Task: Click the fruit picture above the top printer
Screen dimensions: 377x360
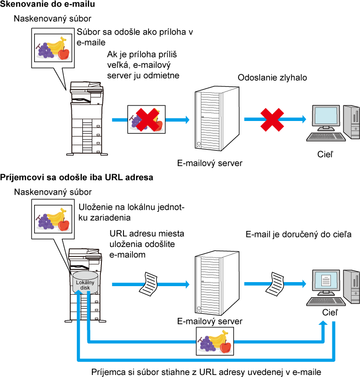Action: click(53, 48)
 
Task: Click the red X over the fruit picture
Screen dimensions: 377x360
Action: click(147, 119)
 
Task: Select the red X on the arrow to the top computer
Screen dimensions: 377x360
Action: click(272, 120)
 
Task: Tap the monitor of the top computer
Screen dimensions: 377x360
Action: click(326, 116)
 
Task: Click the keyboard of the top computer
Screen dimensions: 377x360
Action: click(325, 136)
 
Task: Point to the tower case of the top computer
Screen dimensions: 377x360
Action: click(352, 121)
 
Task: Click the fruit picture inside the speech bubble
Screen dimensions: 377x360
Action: click(53, 219)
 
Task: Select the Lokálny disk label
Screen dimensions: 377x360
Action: click(85, 285)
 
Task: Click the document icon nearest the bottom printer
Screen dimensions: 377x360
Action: click(149, 284)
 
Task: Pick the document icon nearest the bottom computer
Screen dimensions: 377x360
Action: click(275, 284)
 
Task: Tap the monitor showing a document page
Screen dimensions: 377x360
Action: click(326, 281)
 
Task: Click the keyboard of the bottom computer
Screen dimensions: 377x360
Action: click(325, 301)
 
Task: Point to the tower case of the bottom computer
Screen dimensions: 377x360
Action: click(352, 286)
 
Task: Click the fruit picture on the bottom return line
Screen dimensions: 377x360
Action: click(215, 341)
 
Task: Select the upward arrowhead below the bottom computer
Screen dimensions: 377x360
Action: click(323, 323)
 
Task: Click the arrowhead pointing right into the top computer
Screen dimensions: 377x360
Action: click(304, 119)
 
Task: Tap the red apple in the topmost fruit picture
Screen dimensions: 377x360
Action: click(64, 53)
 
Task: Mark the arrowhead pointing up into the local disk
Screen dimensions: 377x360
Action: click(78, 292)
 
